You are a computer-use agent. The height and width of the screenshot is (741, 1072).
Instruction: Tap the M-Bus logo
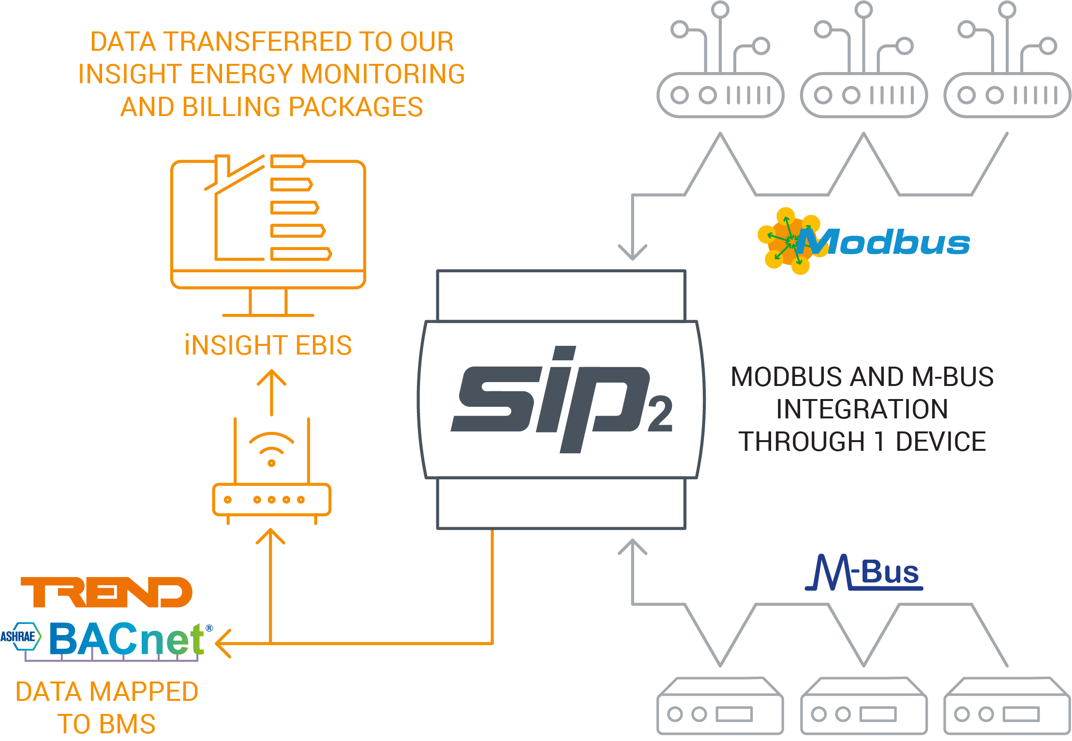pyautogui.click(x=864, y=573)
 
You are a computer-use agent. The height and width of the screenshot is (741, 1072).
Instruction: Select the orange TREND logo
pyautogui.click(x=106, y=592)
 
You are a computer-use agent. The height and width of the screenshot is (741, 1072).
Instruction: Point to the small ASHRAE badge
pyautogui.click(x=20, y=636)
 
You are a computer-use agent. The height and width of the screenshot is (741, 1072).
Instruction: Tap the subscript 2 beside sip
pyautogui.click(x=660, y=414)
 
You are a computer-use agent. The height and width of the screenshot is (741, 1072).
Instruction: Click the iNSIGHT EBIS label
pyautogui.click(x=268, y=345)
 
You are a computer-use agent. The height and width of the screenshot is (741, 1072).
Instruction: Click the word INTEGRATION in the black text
pyautogui.click(x=862, y=409)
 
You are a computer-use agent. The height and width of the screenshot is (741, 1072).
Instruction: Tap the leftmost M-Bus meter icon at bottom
pyautogui.click(x=720, y=706)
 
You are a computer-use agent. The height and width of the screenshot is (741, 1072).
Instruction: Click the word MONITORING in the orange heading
pyautogui.click(x=383, y=74)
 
